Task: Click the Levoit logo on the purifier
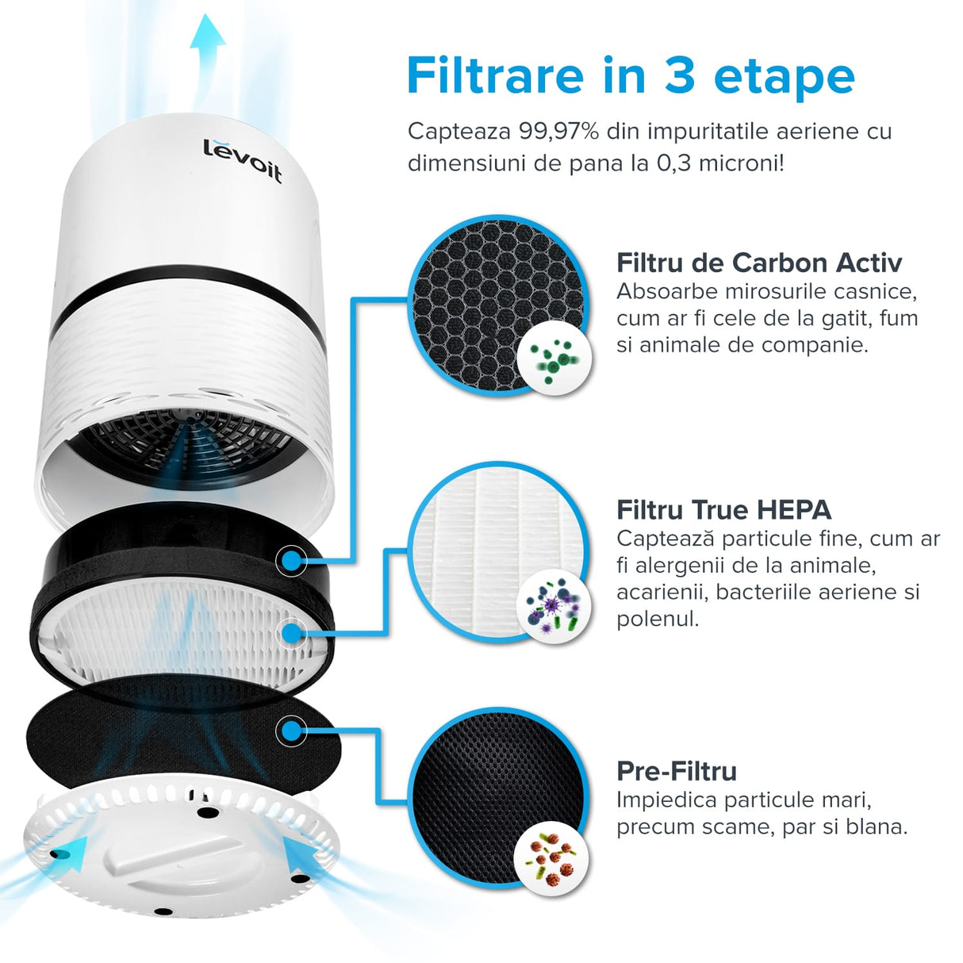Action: point(242,160)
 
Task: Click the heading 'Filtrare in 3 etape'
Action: point(630,76)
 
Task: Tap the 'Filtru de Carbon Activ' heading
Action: point(758,263)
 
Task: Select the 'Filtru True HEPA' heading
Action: point(723,509)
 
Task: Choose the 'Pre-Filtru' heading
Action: point(676,771)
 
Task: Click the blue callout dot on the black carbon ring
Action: point(291,561)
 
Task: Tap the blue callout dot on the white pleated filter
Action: point(291,632)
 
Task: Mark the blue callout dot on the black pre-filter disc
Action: point(291,731)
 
